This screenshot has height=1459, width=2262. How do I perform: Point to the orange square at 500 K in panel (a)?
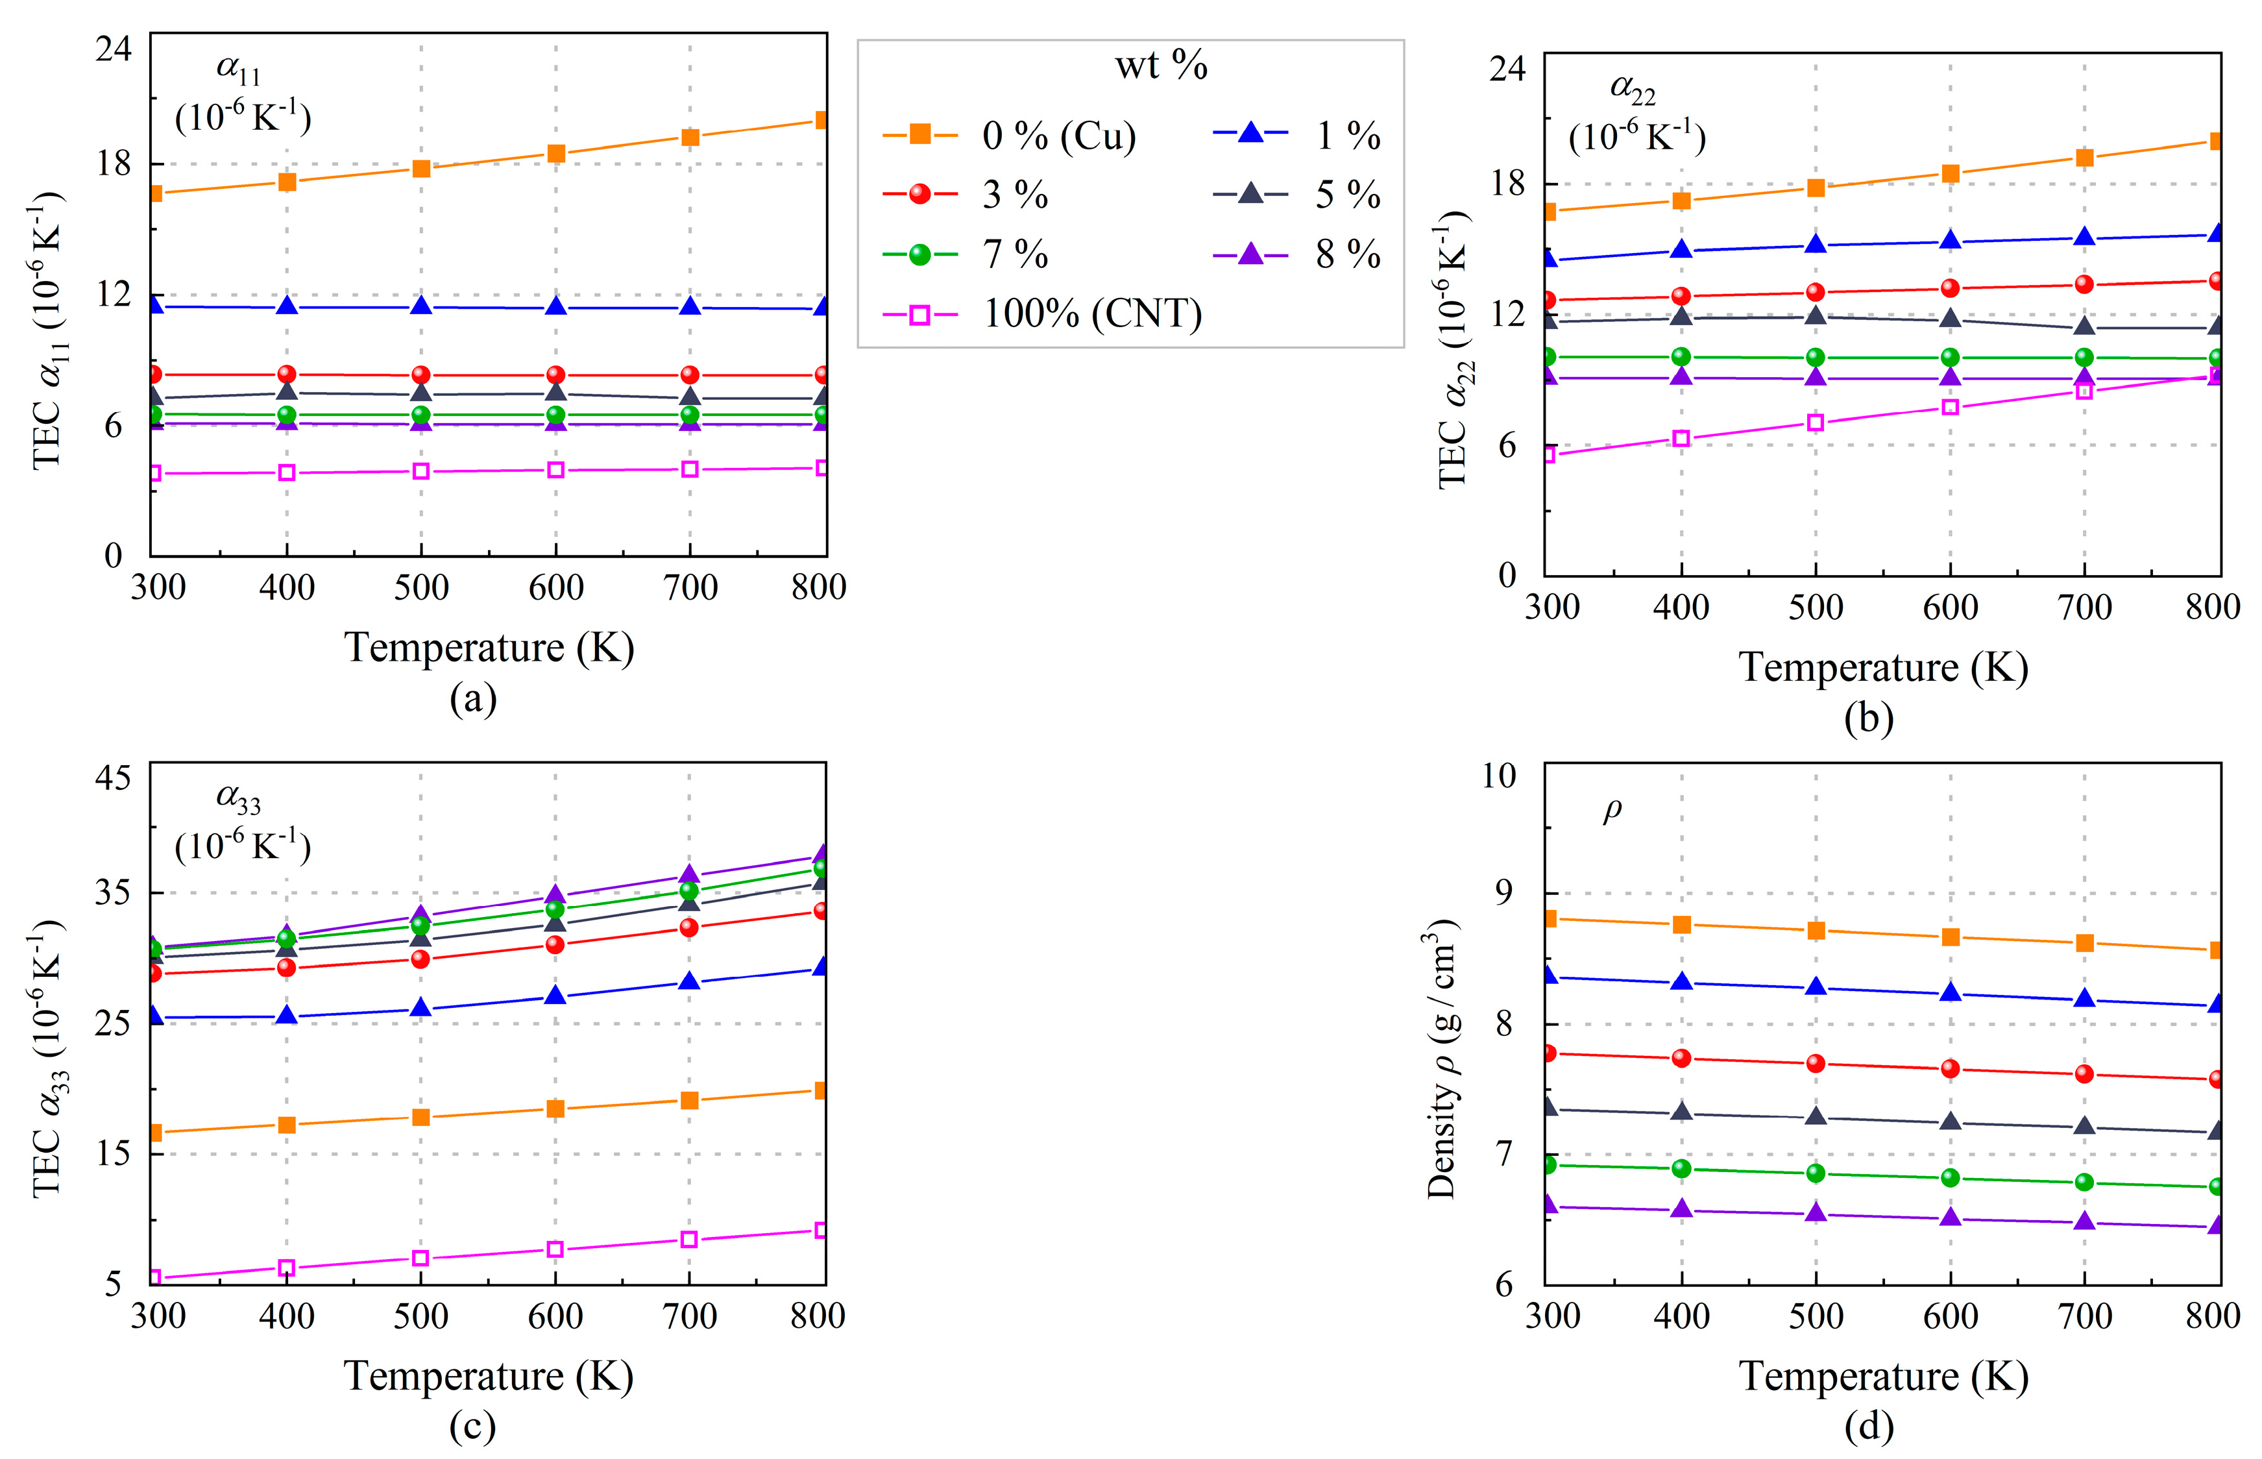pos(422,169)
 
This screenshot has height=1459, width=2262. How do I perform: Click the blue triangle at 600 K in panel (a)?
pos(556,307)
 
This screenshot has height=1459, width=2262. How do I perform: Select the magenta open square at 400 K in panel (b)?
pos(1681,439)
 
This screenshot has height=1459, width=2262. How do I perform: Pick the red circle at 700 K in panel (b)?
pos(2084,284)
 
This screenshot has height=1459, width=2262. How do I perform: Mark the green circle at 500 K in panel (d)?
pos(1816,1173)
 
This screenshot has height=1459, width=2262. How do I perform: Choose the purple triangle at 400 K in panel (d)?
pos(1681,1210)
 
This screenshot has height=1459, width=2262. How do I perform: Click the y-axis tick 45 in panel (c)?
pos(113,778)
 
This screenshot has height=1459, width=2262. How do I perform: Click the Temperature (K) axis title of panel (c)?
pos(488,1376)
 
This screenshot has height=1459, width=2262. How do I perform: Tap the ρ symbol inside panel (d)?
pos(1612,810)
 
